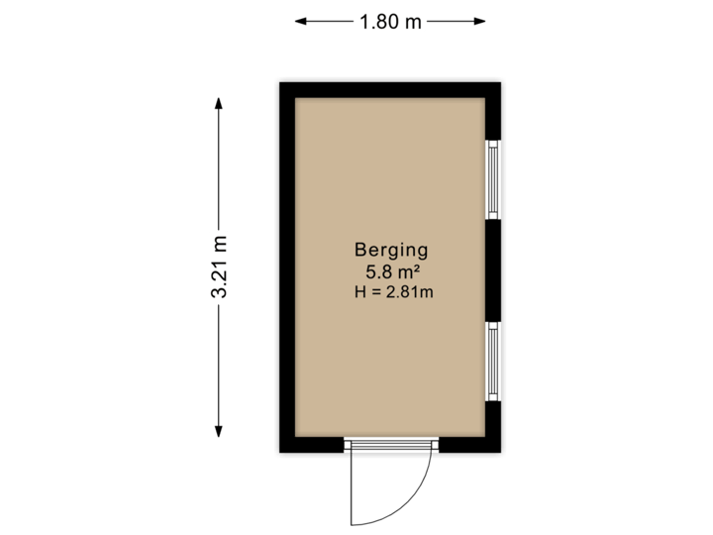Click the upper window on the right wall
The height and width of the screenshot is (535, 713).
(493, 179)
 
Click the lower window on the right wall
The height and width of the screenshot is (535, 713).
(493, 361)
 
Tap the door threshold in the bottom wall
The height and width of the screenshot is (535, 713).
(390, 446)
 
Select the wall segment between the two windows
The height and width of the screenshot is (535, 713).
(495, 269)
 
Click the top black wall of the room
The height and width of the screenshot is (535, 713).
(390, 87)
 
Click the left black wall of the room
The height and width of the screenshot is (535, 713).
(284, 267)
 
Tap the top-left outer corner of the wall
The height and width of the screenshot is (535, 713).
(275, 79)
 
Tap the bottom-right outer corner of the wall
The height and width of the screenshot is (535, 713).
(505, 457)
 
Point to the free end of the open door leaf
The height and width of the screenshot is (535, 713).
(352, 522)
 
